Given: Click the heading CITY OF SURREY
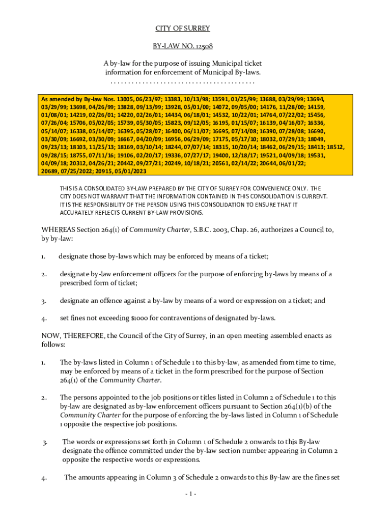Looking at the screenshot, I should coord(182,28).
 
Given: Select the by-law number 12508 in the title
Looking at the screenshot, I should coord(202,46).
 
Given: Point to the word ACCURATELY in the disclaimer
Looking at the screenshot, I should coord(78,213).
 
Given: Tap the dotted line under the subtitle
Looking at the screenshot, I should coord(182,82).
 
